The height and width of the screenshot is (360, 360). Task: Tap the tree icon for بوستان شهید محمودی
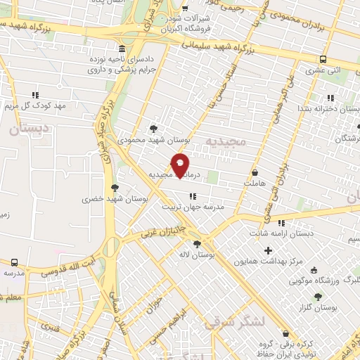(x=154, y=128)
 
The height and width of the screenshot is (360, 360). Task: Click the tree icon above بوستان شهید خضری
(x=115, y=187)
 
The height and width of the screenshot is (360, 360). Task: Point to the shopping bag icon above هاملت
(x=255, y=172)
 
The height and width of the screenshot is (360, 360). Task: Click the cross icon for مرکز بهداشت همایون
(x=268, y=250)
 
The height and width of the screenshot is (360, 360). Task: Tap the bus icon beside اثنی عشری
(x=323, y=60)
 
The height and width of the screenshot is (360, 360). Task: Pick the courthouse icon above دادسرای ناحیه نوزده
(x=123, y=49)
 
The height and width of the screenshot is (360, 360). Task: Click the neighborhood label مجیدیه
(x=225, y=141)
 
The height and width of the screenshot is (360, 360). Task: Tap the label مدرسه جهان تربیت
(x=193, y=207)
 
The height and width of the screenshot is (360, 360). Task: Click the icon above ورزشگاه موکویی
(x=314, y=269)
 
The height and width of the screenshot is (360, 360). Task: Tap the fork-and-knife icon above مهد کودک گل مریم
(x=35, y=94)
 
